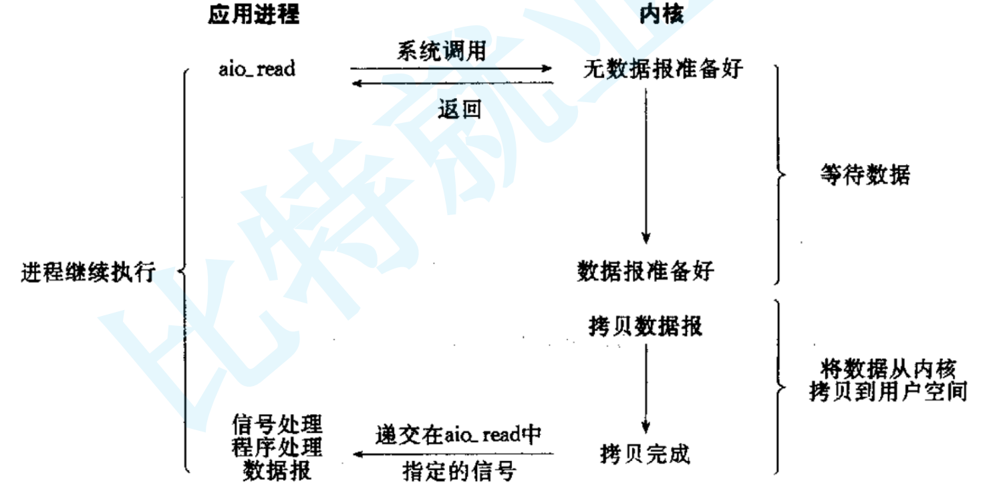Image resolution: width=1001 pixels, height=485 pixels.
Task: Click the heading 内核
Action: click(662, 14)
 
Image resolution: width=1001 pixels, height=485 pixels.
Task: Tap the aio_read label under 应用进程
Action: click(257, 69)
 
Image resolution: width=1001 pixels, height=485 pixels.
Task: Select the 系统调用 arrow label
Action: click(440, 51)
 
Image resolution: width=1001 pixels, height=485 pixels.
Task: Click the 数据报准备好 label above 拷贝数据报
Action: click(645, 271)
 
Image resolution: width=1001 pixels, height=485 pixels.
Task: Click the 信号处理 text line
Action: click(277, 424)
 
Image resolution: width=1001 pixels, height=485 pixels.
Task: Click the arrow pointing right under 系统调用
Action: click(451, 68)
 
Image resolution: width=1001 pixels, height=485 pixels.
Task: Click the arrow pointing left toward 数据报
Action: click(454, 454)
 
